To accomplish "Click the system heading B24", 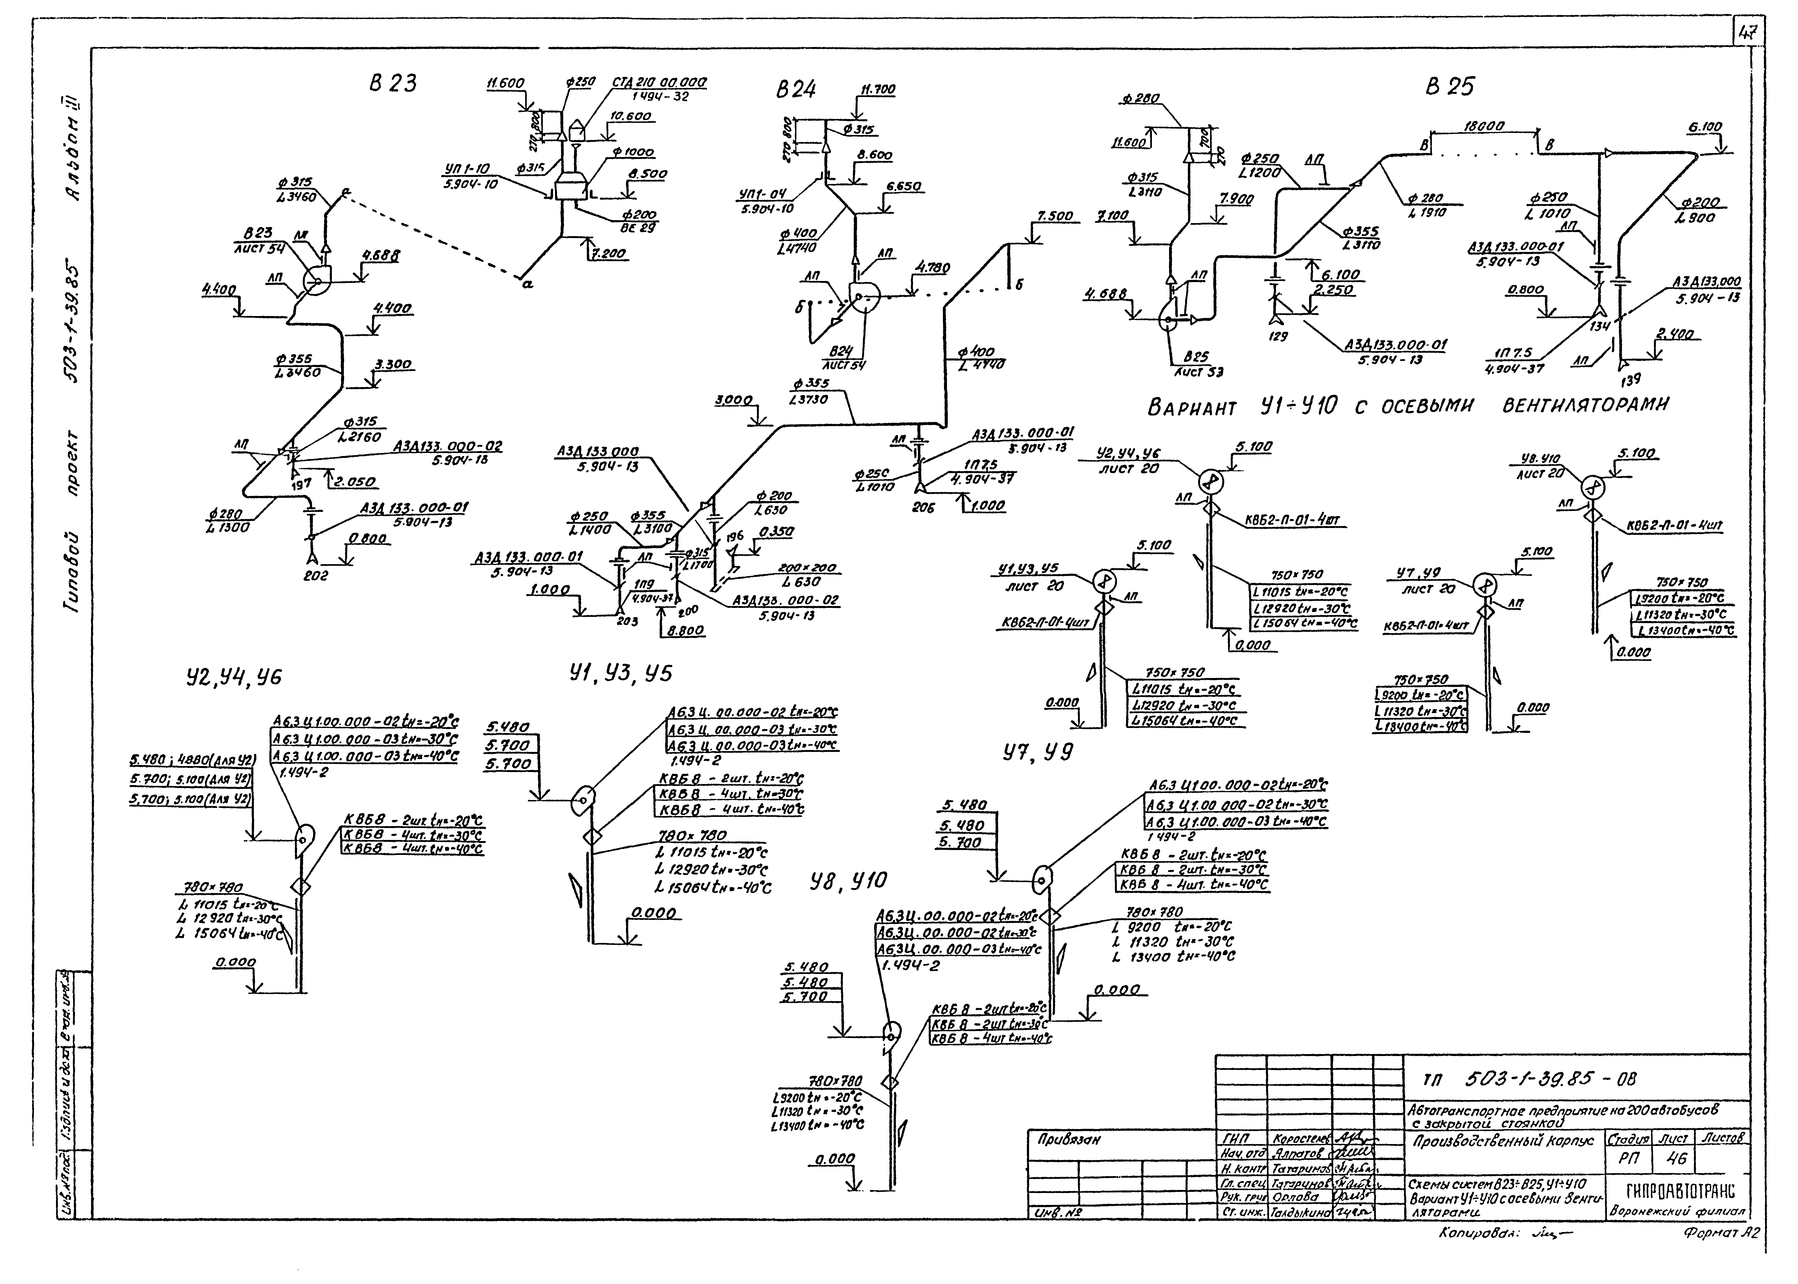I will coord(795,90).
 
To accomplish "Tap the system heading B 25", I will coord(1449,86).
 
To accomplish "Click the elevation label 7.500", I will coord(1055,216).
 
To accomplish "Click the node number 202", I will coord(316,576).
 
